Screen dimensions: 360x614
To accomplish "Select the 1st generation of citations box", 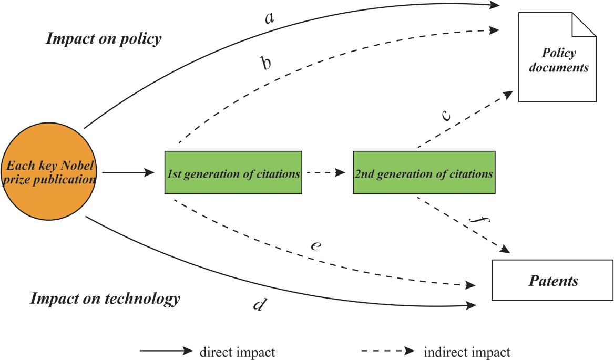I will [x=233, y=172].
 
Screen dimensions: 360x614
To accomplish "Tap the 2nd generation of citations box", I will [x=424, y=172].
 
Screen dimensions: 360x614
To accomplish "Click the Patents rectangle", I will [x=552, y=280].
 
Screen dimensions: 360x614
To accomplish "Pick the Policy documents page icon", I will [x=557, y=60].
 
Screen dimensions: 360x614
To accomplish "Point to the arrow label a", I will [x=269, y=18].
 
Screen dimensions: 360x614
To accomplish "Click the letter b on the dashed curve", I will [x=266, y=63].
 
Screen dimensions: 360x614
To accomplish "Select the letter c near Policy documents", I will [x=446, y=116].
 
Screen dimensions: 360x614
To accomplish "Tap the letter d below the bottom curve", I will [x=258, y=305].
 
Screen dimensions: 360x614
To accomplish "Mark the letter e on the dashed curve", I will [x=315, y=245].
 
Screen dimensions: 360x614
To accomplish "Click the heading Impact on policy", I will [x=104, y=39].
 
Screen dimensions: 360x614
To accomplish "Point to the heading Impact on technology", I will [x=105, y=299].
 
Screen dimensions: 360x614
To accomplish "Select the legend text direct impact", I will [x=237, y=352].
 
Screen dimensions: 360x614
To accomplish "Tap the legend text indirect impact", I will [x=466, y=352].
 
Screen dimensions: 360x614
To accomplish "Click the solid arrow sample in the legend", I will [x=166, y=351].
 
